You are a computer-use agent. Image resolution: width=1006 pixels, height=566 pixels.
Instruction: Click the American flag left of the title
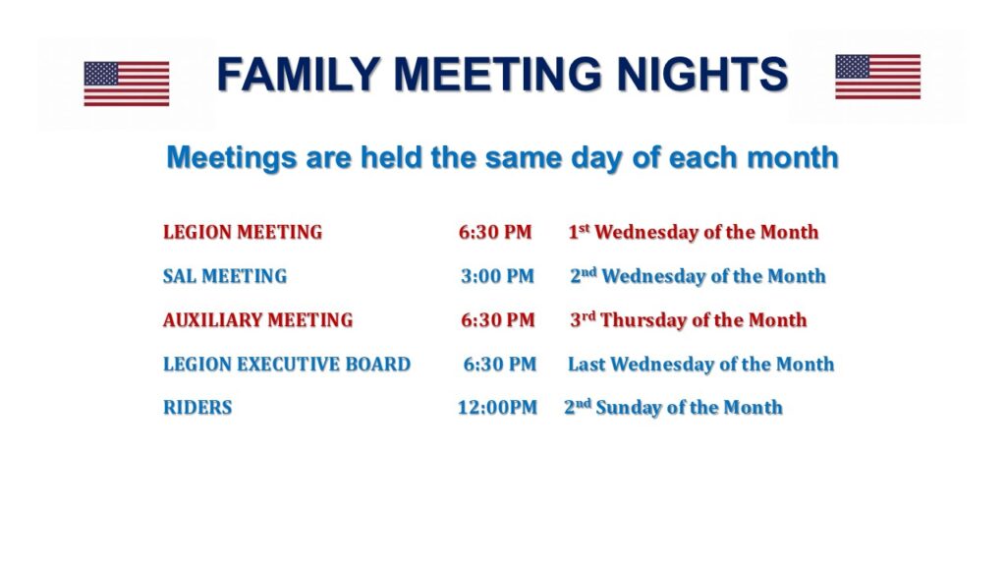click(127, 84)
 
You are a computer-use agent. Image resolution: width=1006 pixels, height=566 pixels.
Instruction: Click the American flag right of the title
click(877, 77)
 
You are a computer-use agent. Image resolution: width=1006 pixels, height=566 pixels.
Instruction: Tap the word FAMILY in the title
click(299, 73)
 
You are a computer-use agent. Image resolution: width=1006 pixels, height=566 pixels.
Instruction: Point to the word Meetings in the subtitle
click(232, 158)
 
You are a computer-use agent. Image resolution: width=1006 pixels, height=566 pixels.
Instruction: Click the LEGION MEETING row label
click(243, 232)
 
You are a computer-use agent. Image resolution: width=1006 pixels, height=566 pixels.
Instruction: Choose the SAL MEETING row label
click(225, 276)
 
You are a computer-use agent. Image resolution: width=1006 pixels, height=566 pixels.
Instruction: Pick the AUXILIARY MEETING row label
click(258, 320)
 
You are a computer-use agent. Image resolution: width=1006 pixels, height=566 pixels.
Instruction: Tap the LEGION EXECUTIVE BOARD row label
click(287, 364)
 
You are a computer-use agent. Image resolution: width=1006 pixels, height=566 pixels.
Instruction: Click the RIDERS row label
click(197, 408)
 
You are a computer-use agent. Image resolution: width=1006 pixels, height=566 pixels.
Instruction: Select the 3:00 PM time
click(497, 276)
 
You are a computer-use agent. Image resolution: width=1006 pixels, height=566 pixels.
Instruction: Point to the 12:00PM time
click(497, 408)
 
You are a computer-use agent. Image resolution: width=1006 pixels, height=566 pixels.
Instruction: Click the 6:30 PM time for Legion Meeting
click(495, 232)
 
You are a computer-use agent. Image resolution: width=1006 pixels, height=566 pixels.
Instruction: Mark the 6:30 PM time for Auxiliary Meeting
click(498, 320)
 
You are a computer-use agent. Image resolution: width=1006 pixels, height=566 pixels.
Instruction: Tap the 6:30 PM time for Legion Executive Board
click(500, 364)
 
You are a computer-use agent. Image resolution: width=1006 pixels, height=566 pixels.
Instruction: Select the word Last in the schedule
click(587, 364)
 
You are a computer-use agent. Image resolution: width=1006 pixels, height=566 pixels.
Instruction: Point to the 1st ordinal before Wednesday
click(579, 232)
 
